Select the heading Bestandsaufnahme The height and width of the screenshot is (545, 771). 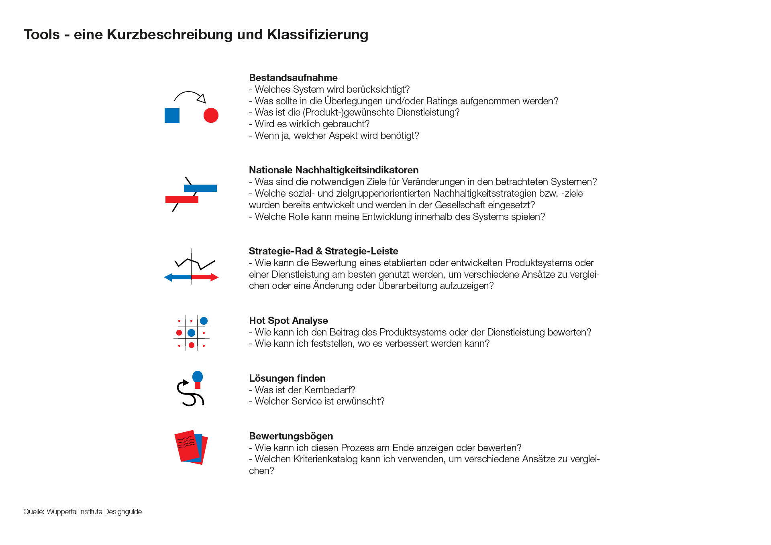pos(293,78)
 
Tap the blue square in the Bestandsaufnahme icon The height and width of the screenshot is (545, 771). pos(172,116)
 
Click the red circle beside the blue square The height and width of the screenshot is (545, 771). pos(211,116)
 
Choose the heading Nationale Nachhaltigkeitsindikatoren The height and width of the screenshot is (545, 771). pos(333,170)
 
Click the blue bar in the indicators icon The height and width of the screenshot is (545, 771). pos(200,188)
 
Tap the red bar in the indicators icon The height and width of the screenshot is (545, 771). pos(182,199)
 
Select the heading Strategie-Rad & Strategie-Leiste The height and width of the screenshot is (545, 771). pos(323,251)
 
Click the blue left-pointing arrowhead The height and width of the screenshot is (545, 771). pos(168,277)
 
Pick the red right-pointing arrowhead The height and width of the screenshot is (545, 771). pos(214,277)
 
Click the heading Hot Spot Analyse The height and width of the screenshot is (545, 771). pos(288,321)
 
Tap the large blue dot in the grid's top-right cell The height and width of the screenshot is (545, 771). pos(204,321)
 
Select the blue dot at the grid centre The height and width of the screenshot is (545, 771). pos(192,333)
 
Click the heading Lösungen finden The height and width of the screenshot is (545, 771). pos(287,378)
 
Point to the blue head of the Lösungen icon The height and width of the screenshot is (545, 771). pos(198,376)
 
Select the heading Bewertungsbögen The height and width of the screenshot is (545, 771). pos(291,436)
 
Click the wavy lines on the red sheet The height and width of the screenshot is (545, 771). pos(186,442)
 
